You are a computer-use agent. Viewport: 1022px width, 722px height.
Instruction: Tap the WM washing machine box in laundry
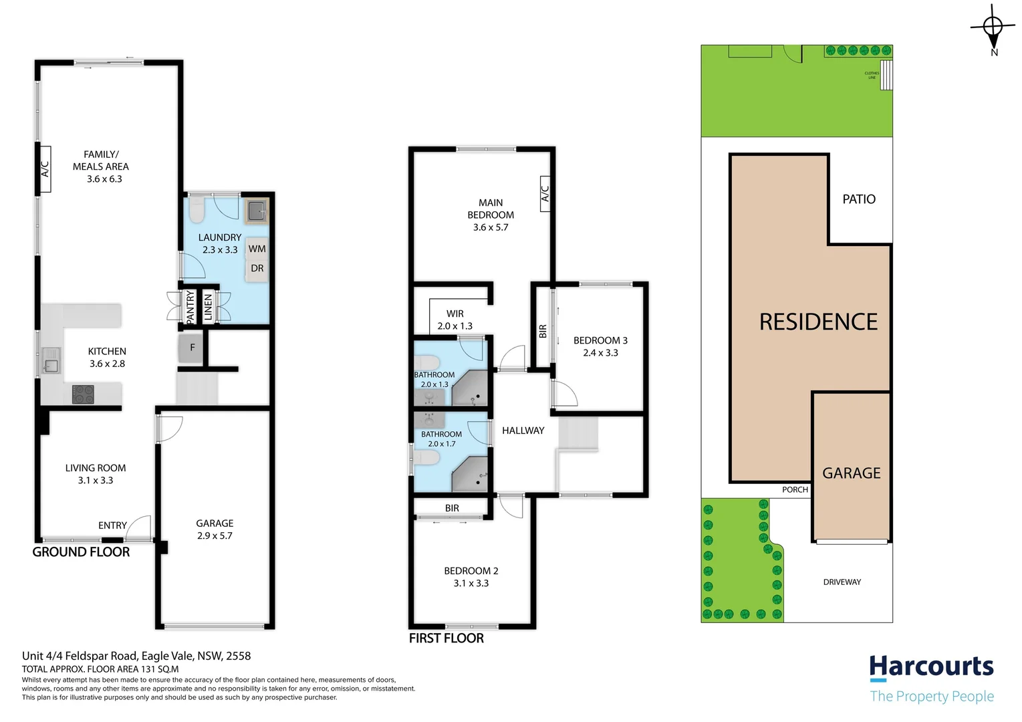click(x=257, y=249)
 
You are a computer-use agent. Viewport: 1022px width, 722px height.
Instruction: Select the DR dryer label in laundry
click(x=257, y=268)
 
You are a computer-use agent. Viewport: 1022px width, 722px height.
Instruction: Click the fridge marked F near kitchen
click(x=191, y=348)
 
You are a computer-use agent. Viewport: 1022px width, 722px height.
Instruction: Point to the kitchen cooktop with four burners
click(x=83, y=394)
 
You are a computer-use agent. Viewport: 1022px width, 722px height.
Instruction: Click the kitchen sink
click(x=51, y=361)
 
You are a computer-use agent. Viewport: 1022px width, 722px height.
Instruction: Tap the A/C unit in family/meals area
click(x=45, y=168)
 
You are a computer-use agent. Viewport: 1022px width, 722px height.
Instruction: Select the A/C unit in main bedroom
click(x=545, y=194)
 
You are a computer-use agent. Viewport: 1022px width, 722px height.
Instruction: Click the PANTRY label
click(x=190, y=307)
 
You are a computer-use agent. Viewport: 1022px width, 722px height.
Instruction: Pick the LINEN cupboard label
click(x=208, y=307)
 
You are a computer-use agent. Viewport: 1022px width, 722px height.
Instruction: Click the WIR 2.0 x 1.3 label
click(x=455, y=320)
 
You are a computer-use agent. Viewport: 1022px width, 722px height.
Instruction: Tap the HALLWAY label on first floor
click(x=523, y=431)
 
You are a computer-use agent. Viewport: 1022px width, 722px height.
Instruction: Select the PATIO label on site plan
click(x=859, y=199)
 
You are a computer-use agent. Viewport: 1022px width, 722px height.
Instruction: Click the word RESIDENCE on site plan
click(x=818, y=322)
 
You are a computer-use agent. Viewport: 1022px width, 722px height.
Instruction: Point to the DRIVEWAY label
click(x=842, y=582)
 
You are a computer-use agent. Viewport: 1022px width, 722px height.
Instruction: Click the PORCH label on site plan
click(x=795, y=490)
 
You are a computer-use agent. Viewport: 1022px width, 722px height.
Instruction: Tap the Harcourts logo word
click(x=931, y=668)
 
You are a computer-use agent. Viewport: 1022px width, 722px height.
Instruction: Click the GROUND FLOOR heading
click(x=81, y=552)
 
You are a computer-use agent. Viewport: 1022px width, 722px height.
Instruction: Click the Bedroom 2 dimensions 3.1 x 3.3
click(x=471, y=584)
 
